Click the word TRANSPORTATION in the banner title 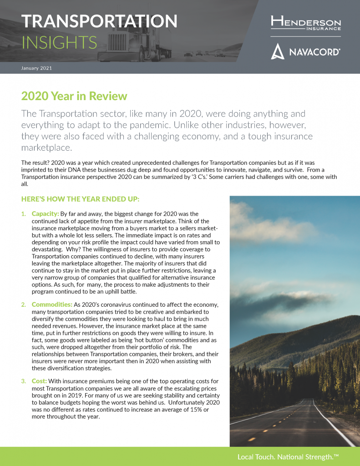click(99, 21)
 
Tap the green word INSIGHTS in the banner click(59, 42)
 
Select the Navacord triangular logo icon click(278, 51)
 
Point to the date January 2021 click(36, 68)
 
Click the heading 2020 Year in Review click(74, 96)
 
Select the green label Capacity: click(45, 213)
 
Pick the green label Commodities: click(52, 304)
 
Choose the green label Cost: click(39, 381)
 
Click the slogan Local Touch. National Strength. click(288, 456)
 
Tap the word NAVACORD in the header click(314, 52)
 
